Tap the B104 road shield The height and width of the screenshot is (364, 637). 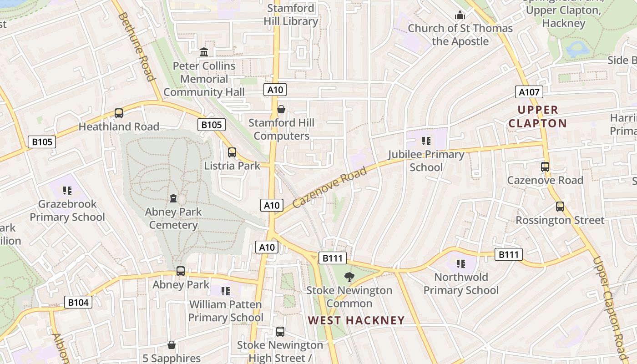(x=78, y=302)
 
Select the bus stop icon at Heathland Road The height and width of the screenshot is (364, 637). (x=119, y=113)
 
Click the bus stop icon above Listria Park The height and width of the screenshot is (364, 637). (x=232, y=152)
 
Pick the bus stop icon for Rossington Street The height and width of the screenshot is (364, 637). (x=560, y=207)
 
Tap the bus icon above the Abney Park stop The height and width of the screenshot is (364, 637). (x=181, y=271)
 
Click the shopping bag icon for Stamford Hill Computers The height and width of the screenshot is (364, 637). (x=281, y=110)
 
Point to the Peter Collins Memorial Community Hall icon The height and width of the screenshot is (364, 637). (x=204, y=52)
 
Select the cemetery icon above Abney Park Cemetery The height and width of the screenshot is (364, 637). (x=173, y=198)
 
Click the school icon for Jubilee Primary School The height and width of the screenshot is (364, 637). (x=426, y=141)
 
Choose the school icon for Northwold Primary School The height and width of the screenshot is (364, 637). (x=461, y=264)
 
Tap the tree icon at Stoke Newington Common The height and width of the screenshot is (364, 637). (x=349, y=277)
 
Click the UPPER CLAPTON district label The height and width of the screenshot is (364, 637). (x=538, y=116)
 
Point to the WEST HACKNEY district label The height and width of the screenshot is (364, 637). (x=356, y=320)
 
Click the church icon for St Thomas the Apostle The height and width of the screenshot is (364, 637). (x=460, y=15)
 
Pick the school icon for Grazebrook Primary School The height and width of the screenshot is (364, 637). (x=67, y=191)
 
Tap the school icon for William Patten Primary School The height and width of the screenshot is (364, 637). (x=226, y=291)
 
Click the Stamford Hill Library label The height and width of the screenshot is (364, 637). (x=291, y=15)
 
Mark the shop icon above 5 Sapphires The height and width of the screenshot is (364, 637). (x=172, y=345)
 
